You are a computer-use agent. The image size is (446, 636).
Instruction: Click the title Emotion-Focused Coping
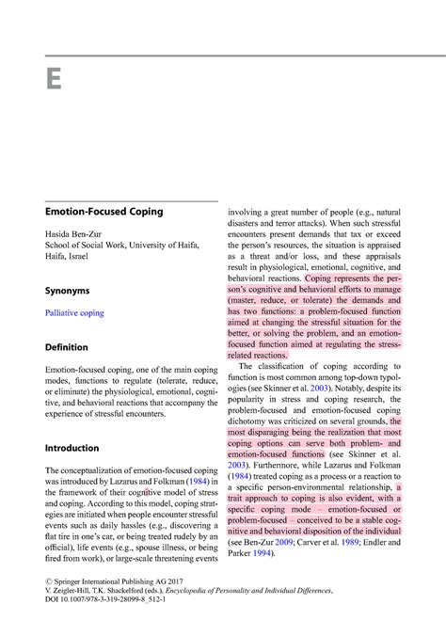104,212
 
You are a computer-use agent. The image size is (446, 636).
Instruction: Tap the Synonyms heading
68,291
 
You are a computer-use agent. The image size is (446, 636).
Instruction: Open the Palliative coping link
74,313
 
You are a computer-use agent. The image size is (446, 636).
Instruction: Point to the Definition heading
67,347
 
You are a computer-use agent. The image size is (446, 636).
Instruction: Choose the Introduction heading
72,448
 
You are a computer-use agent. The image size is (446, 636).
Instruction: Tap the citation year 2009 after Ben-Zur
303,543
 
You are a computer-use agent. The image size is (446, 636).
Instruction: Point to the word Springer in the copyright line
76,580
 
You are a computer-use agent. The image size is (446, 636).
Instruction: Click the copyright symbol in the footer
49,580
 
